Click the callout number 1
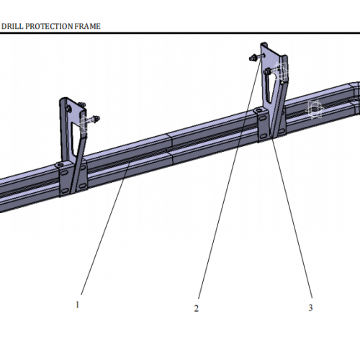pos(77,304)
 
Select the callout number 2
pos(195,308)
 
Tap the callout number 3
pos(310,307)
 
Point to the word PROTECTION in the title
pos(50,26)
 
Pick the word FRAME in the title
pos(88,26)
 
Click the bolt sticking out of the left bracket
pos(94,119)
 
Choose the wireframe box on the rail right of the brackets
pos(314,109)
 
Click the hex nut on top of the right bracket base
pos(259,109)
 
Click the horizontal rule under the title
pos(180,32)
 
